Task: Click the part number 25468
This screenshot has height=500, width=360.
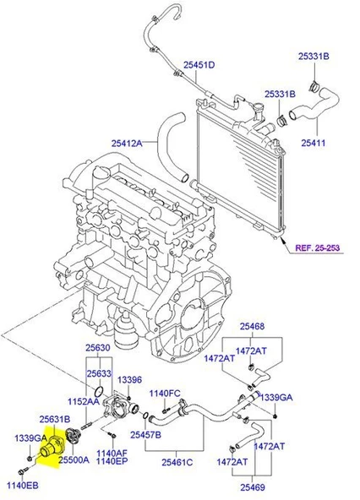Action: click(x=252, y=326)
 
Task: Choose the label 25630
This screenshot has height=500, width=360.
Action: click(x=97, y=347)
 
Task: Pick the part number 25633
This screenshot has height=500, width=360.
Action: click(x=100, y=372)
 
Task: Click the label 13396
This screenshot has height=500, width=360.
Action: click(x=129, y=380)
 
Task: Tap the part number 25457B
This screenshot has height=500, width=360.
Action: click(x=146, y=434)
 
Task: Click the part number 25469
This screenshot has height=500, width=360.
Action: click(x=252, y=486)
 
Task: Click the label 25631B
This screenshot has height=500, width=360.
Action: click(x=55, y=420)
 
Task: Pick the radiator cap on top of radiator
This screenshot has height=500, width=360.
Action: click(x=253, y=110)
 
